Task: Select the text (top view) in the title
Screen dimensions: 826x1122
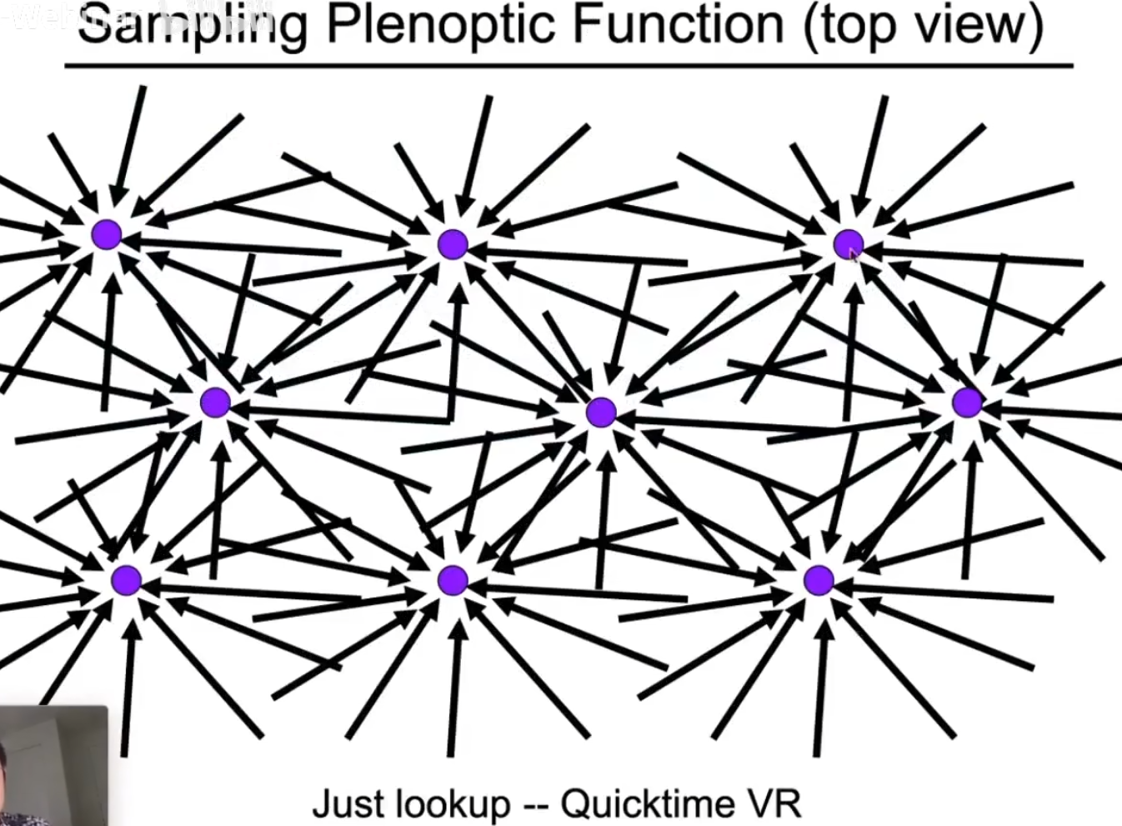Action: [x=924, y=25]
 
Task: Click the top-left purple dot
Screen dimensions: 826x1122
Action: [x=107, y=235]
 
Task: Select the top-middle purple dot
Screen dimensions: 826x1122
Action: [x=453, y=244]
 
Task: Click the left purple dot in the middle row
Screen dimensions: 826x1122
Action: [x=215, y=403]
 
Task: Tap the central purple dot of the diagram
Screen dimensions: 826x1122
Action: [x=601, y=412]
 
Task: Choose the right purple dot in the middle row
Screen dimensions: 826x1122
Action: [x=967, y=403]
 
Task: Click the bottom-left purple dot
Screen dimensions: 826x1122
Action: [x=127, y=579]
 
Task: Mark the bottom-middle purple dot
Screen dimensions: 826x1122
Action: [x=453, y=580]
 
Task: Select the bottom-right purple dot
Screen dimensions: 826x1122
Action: [x=819, y=580]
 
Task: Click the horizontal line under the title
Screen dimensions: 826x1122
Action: [x=567, y=65]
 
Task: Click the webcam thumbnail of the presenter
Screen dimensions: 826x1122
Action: [x=53, y=765]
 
